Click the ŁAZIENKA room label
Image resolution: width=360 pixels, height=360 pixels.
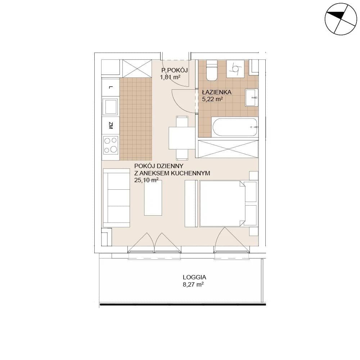[x=216, y=92]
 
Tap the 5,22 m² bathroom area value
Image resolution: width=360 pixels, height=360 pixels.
[x=212, y=99]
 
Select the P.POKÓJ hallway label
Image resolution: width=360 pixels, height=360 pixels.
[x=175, y=70]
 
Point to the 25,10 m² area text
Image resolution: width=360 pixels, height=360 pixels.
[x=146, y=180]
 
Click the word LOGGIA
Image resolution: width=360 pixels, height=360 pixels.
[x=194, y=277]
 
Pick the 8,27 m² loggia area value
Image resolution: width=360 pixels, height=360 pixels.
[x=193, y=284]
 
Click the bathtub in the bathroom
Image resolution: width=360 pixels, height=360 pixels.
[x=235, y=127]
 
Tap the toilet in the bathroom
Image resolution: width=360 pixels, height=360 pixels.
[x=212, y=70]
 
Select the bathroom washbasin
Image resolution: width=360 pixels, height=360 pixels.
[x=252, y=98]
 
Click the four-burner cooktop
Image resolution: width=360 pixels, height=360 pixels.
[x=111, y=145]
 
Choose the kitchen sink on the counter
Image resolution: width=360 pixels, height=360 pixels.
[x=111, y=107]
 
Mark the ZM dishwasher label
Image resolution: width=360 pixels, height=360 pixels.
[x=111, y=126]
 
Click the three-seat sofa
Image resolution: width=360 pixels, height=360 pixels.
[x=117, y=198]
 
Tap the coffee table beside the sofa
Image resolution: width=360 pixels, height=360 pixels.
[x=153, y=198]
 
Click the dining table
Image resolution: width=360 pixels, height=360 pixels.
[x=182, y=138]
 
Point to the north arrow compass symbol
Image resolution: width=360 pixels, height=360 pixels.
[x=341, y=19]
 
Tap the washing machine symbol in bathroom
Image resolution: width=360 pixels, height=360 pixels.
[x=235, y=69]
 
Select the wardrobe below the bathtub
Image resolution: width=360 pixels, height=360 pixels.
[x=228, y=149]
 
